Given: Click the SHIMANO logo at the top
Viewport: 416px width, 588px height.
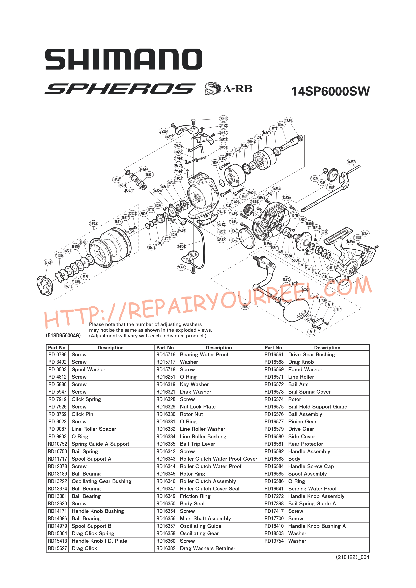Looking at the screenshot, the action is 124,59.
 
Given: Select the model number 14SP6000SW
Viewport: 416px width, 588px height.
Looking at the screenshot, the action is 331,91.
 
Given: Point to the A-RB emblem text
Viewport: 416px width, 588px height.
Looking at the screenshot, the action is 237,89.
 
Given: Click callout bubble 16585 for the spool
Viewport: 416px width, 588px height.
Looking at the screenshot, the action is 94,224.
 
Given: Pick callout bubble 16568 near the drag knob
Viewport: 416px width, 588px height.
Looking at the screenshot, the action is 48,262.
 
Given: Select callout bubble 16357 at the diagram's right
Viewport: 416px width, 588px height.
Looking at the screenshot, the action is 351,162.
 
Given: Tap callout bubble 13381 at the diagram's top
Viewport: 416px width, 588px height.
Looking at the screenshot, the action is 288,120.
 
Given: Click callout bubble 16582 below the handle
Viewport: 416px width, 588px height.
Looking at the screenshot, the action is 245,307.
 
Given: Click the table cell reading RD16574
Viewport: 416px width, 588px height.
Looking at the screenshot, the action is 274,399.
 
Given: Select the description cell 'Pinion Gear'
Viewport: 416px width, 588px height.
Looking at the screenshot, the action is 302,422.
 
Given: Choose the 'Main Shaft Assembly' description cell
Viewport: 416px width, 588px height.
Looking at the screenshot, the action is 205,519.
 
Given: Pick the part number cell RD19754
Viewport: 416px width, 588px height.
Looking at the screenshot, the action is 274,541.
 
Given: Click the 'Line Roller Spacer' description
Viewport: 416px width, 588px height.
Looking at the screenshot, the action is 94,429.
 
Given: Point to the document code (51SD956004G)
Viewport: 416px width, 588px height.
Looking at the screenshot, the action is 63,336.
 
